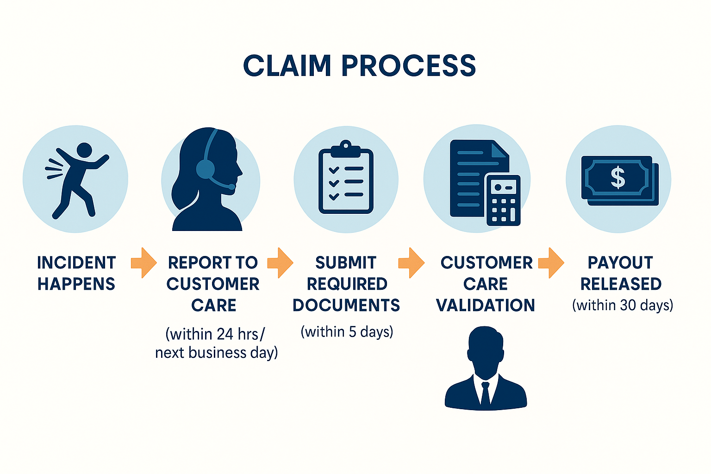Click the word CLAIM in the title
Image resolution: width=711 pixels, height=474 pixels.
pos(287,66)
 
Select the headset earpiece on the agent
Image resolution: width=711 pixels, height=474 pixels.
pos(206,169)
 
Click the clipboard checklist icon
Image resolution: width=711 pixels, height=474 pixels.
pos(346,178)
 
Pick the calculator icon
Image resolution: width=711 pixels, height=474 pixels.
pos(503,200)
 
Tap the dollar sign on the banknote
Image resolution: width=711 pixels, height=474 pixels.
pos(617,178)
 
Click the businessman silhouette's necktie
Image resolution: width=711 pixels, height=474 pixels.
pos(485,393)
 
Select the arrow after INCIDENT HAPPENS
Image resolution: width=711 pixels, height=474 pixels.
pos(143,262)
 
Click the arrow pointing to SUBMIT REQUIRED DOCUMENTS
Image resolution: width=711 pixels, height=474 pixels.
pos(280,262)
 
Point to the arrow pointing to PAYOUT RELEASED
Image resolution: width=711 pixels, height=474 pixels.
pos(551,262)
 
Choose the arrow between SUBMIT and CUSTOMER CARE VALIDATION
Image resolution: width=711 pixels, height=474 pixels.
pos(412,262)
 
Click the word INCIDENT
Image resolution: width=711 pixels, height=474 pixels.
pos(76,262)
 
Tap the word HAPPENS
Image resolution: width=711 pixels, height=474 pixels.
pos(76,284)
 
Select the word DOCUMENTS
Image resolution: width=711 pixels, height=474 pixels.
pos(346,305)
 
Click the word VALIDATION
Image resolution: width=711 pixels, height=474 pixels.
pos(486,305)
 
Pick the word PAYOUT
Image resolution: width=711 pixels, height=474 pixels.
pos(620,262)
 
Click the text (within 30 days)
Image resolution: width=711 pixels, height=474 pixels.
pos(623,306)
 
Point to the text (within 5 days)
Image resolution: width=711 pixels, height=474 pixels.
pos(347,332)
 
